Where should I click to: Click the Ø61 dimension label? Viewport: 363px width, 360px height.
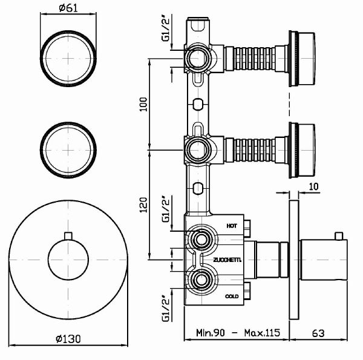[x=68, y=9]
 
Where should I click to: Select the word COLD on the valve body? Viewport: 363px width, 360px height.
[x=232, y=296]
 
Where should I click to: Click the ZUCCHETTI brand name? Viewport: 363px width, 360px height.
[x=227, y=260]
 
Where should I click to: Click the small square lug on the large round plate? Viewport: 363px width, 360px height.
[x=68, y=235]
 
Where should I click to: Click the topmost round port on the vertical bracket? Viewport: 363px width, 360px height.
[x=195, y=59]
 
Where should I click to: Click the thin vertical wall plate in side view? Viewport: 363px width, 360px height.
[x=294, y=261]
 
